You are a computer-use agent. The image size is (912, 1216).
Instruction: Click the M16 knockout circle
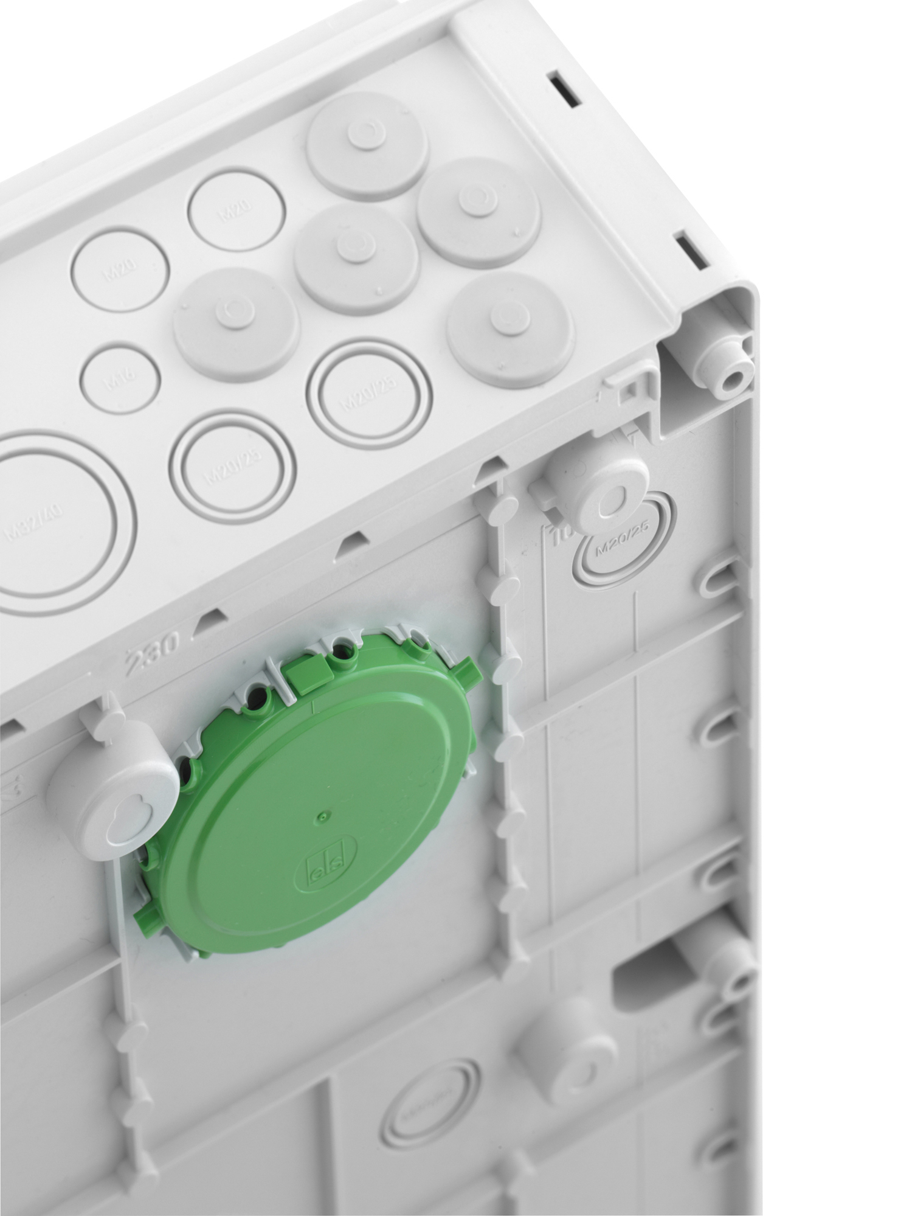point(120,380)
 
